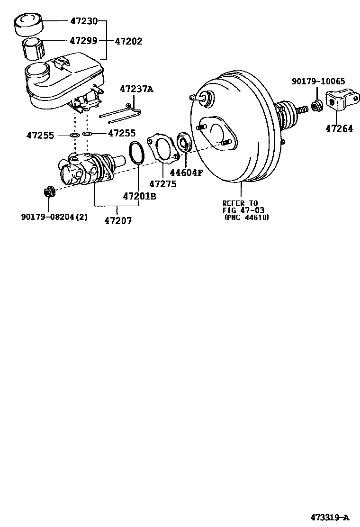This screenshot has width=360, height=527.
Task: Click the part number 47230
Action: [84, 21]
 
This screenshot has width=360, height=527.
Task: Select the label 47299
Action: [84, 41]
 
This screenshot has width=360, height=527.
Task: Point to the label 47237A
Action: [136, 89]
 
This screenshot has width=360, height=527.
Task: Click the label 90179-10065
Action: [318, 82]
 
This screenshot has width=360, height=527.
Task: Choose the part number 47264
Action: [339, 128]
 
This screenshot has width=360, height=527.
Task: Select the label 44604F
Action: [186, 173]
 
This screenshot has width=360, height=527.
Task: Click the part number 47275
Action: [162, 183]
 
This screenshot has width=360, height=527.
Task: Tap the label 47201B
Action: [139, 196]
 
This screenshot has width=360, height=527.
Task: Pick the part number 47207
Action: [118, 220]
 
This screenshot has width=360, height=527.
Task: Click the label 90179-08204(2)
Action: [54, 217]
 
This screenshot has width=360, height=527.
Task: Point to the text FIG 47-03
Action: [243, 210]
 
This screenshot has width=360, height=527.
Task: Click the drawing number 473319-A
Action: [330, 517]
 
